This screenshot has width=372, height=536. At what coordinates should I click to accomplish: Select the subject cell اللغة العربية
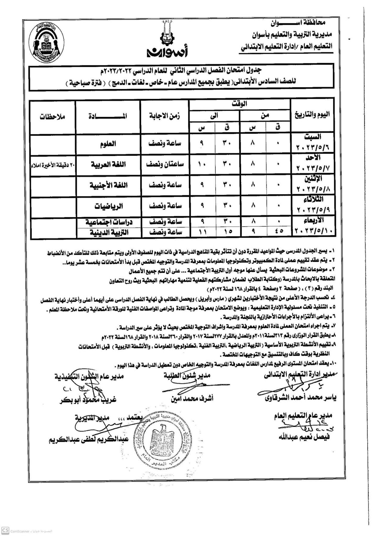108,164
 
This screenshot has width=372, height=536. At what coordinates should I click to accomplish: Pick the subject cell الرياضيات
108,206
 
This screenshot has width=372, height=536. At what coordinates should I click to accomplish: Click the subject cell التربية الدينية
108,233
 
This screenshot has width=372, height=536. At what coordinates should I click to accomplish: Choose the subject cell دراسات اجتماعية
108,222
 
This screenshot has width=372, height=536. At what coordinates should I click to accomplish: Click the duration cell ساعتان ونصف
165,164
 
